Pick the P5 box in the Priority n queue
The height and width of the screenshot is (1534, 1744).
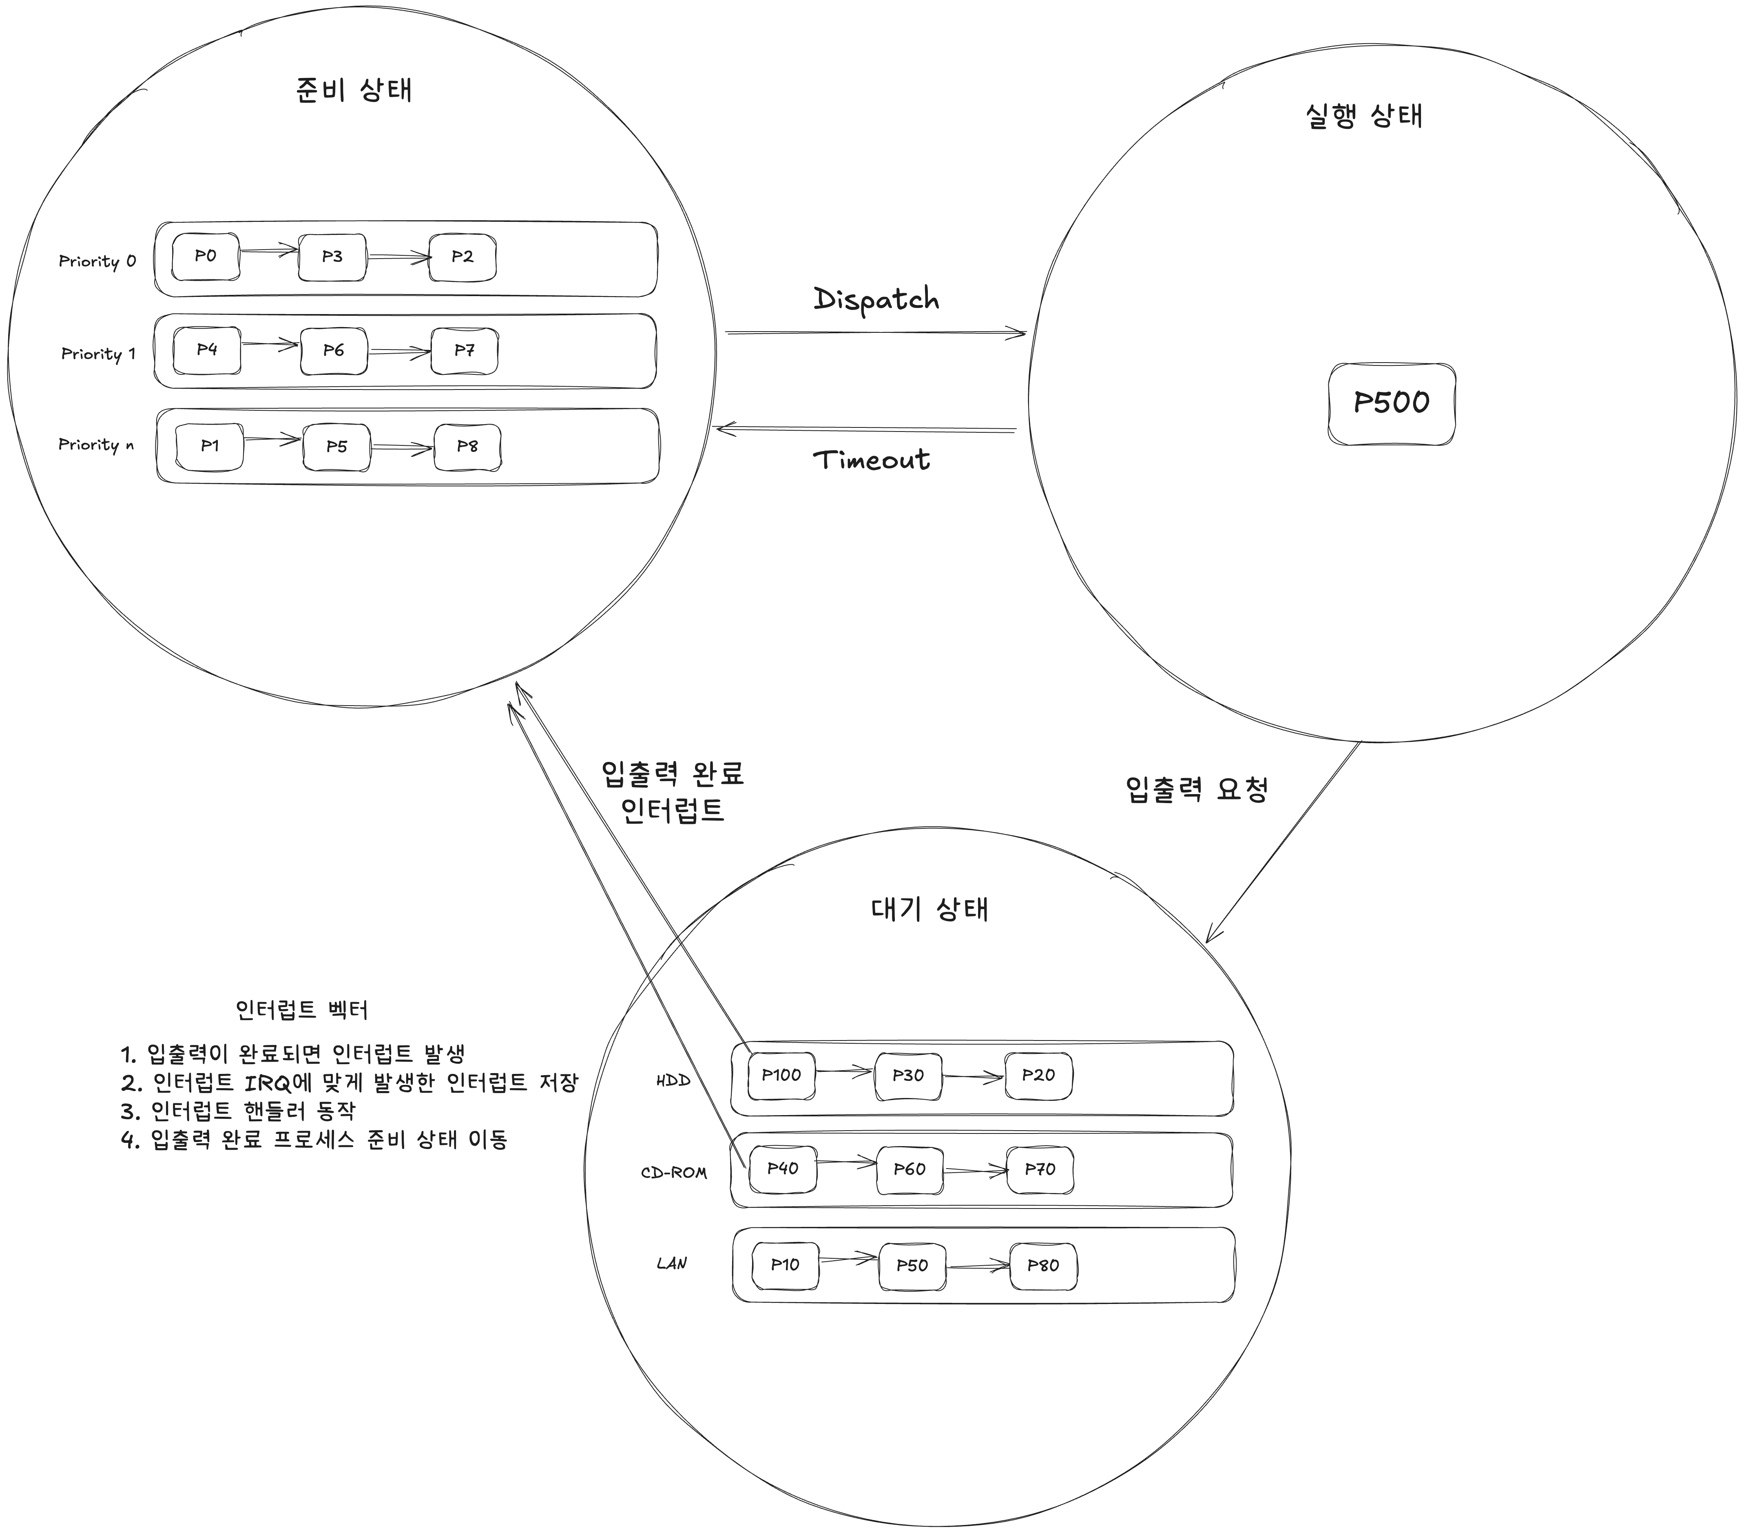pos(337,446)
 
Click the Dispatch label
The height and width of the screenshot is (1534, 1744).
pos(876,299)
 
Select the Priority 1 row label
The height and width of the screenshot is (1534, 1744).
pos(98,353)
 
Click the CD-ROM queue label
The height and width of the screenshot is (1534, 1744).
pos(674,1172)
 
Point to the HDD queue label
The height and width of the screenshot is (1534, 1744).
pos(673,1080)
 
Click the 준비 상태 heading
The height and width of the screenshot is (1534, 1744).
pos(354,90)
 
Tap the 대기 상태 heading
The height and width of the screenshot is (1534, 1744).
pos(930,909)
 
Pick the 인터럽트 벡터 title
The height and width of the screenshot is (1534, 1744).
pos(301,1010)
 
